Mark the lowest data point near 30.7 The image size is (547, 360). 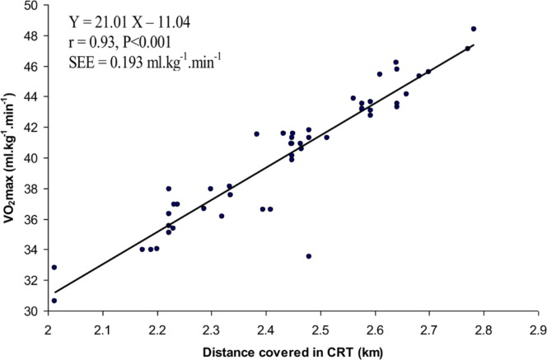click(54, 301)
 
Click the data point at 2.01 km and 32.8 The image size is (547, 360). click(54, 267)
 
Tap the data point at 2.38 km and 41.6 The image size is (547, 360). click(256, 133)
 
